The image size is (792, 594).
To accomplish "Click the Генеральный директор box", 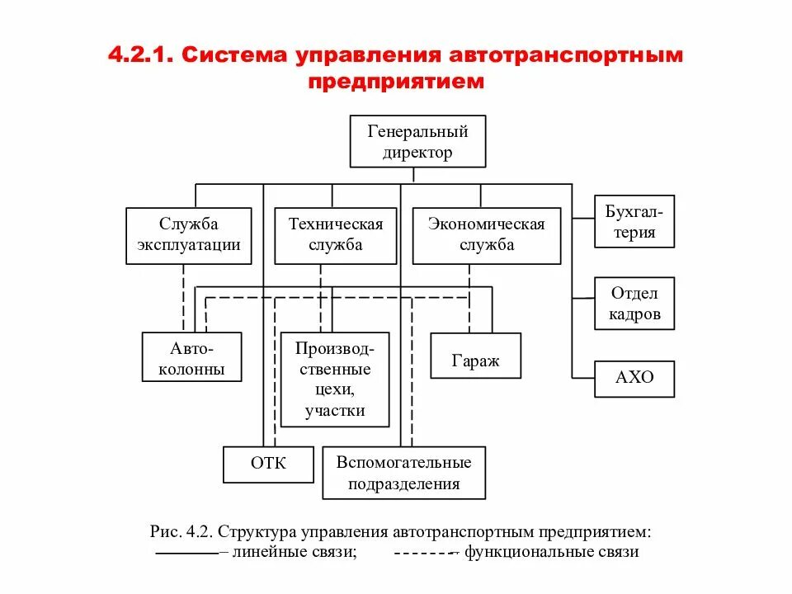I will pos(417,142).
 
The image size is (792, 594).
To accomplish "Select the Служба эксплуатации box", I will pos(189,235).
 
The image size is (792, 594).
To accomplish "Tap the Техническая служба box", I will pos(335,235).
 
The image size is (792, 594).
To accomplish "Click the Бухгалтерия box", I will pos(634,221).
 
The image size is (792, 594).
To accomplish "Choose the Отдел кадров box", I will pos(634,303).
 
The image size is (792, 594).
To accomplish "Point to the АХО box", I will pos(634,379).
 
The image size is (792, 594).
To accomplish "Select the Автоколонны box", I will pos(192,357).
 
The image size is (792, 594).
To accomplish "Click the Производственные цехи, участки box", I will pos(335,379).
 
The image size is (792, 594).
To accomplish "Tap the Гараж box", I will pos(475,356).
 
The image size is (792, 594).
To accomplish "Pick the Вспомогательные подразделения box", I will pos(403,473).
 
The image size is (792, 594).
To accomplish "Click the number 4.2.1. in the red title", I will pos(139,56).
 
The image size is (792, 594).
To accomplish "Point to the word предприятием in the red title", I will pos(396,82).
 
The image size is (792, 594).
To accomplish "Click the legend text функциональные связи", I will pos(551,552).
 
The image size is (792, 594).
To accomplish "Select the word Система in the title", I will pos(233,56).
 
